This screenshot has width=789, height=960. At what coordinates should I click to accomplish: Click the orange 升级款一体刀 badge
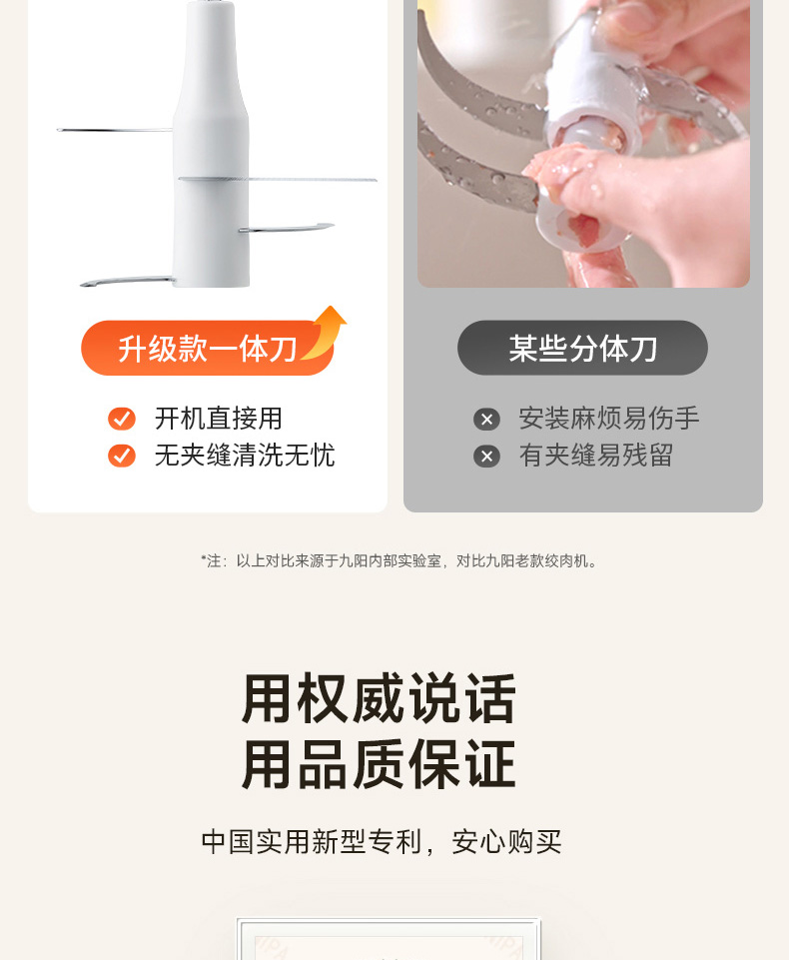pos(208,348)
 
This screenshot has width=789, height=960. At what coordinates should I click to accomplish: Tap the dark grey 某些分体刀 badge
pos(582,348)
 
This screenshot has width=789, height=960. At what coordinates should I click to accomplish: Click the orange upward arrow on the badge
pos(326,332)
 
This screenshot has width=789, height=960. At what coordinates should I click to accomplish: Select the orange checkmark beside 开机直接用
pos(122,419)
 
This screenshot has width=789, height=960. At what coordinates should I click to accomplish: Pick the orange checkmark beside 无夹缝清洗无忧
pos(122,456)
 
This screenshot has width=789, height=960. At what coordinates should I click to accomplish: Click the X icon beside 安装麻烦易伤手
pos(486,420)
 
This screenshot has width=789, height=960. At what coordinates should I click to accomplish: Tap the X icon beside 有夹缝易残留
pos(486,457)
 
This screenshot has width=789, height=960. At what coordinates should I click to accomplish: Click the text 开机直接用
pos(218,419)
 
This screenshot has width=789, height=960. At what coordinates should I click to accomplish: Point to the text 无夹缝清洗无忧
pos(245,456)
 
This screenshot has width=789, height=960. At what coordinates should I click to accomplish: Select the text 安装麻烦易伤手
pos(609,419)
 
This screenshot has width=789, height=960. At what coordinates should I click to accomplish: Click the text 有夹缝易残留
pos(596,456)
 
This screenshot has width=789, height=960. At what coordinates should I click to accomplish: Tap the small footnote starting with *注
pos(399,560)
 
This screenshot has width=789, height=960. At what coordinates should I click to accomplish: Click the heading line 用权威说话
pos(380,698)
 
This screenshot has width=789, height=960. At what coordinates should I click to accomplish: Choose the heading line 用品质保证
pos(380,764)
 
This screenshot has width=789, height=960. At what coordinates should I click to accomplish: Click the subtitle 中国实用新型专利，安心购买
pos(382,842)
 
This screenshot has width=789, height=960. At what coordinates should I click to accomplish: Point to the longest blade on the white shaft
pos(278,180)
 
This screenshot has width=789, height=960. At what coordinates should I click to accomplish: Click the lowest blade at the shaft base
pos(127,281)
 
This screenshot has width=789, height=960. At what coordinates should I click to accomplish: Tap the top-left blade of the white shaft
pos(115,130)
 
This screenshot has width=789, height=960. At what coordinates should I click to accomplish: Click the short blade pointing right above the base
pos(287,228)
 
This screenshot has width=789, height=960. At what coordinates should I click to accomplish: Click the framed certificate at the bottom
pos(389,939)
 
